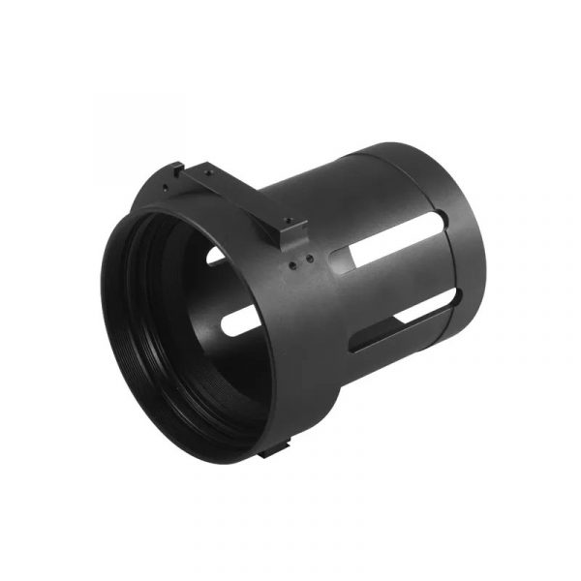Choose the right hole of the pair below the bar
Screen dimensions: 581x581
coord(308,258)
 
